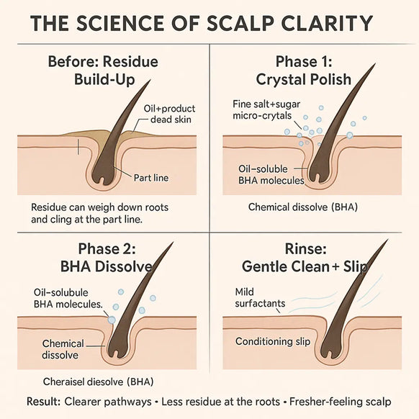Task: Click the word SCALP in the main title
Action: click(x=240, y=23)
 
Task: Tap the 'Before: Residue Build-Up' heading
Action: click(x=104, y=71)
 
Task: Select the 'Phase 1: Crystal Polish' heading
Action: click(x=304, y=71)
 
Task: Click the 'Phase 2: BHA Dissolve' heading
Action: click(x=107, y=258)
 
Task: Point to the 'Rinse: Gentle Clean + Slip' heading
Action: click(x=305, y=258)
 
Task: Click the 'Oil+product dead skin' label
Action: click(x=169, y=114)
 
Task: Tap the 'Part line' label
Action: click(x=151, y=178)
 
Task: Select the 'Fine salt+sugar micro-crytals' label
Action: click(x=266, y=110)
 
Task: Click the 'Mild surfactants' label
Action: click(x=260, y=297)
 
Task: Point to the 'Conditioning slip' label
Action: click(x=273, y=341)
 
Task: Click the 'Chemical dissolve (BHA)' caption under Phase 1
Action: click(x=303, y=207)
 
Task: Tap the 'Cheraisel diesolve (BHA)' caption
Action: click(x=98, y=382)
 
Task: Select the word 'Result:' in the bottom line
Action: click(x=44, y=402)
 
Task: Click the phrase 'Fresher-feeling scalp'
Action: click(x=341, y=402)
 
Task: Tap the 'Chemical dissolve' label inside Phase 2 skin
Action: click(x=63, y=349)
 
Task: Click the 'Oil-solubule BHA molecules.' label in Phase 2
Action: click(x=68, y=299)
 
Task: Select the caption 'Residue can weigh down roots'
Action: click(x=99, y=207)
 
